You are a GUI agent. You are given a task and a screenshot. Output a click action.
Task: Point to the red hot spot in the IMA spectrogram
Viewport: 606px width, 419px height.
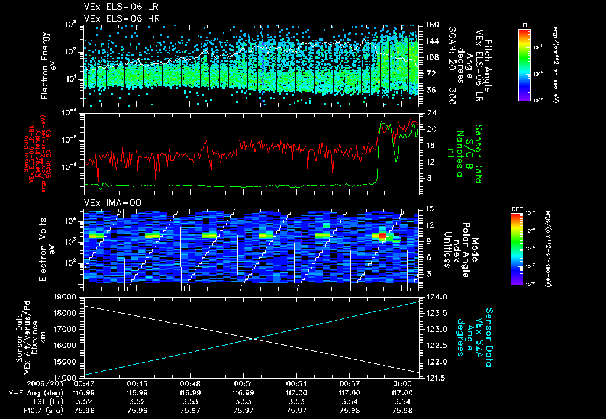(382, 236)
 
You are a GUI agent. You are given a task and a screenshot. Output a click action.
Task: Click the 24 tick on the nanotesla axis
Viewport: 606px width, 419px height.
(430, 112)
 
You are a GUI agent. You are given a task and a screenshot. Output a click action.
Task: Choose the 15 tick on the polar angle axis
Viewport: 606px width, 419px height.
(430, 209)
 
